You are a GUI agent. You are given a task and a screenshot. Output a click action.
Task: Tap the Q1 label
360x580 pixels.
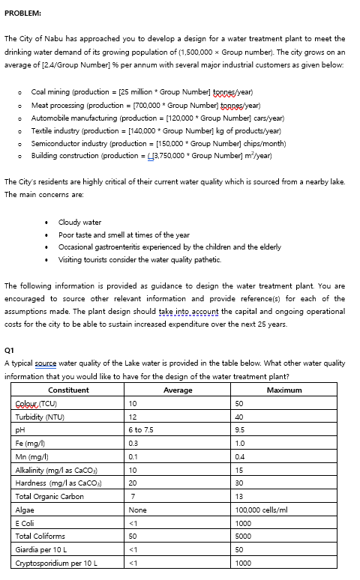(9, 350)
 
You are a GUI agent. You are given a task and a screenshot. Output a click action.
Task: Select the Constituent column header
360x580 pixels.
(68, 390)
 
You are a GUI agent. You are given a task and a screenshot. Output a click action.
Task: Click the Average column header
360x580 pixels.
(178, 390)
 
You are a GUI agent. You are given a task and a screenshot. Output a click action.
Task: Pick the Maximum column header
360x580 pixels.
(284, 390)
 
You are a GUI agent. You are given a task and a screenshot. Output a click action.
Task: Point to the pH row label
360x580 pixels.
(20, 430)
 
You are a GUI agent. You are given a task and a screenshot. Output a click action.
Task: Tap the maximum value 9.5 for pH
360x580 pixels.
(241, 430)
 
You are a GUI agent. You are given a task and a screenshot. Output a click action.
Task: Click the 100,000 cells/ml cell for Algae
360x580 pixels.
(262, 510)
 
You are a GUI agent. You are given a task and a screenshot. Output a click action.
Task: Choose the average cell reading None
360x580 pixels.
(137, 510)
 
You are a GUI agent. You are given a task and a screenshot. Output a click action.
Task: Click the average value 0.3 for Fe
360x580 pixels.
(133, 444)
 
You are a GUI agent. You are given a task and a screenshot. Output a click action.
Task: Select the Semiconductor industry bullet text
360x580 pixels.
(67, 144)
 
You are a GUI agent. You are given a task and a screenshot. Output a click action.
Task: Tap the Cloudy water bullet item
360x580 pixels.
(79, 222)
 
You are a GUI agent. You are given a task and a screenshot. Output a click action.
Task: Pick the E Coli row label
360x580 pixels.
(26, 524)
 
